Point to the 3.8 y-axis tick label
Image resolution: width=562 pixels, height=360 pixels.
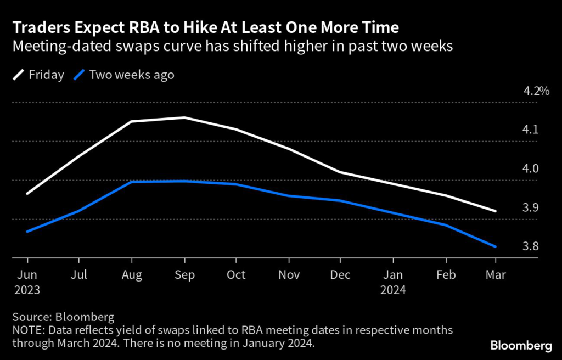tap(530, 246)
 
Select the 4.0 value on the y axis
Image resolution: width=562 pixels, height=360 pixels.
tap(530, 169)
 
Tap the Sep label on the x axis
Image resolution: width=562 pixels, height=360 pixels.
tap(184, 274)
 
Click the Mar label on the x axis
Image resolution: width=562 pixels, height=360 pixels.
tap(496, 274)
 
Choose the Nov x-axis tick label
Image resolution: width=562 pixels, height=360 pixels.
tap(288, 274)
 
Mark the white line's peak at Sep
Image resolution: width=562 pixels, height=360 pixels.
tap(184, 117)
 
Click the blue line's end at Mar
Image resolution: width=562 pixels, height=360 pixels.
tap(496, 246)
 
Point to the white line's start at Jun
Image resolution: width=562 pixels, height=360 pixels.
tap(27, 194)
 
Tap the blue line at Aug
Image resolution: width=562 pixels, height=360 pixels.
tap(132, 182)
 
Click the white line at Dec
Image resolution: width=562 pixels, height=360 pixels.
tap(340, 172)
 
